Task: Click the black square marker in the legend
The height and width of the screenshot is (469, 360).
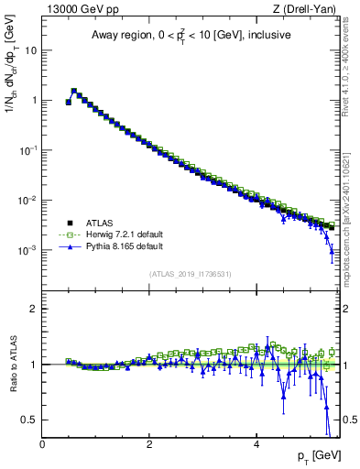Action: coord(69,222)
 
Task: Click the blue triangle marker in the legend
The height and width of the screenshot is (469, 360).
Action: coord(69,245)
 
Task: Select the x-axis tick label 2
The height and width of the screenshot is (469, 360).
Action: coord(149,444)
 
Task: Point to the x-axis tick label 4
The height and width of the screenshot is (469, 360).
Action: coord(256,444)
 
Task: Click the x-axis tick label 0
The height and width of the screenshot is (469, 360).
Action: coord(42,444)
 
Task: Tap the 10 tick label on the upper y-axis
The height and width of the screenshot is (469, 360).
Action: coord(30,50)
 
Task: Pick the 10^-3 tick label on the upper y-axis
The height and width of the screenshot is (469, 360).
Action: coord(27,250)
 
